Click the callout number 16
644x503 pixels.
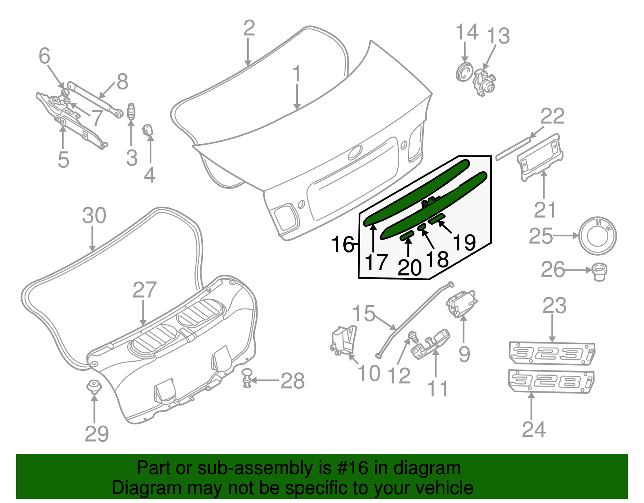point(342,244)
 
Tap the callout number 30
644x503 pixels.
point(94,215)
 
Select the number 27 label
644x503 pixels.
point(144,290)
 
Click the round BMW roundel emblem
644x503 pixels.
point(597,236)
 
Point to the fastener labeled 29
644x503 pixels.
point(94,387)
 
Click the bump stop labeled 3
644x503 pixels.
point(131,112)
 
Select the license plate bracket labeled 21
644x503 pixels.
point(541,157)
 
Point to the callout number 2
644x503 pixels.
point(249,28)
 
